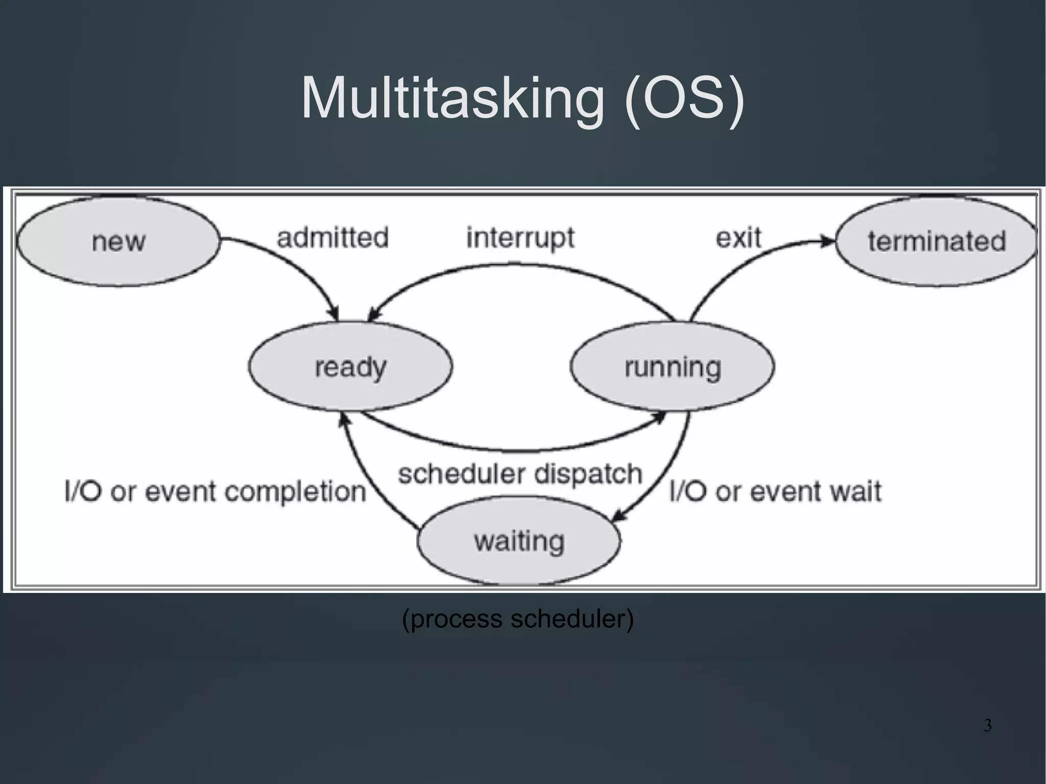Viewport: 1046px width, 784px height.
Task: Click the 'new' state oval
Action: click(x=118, y=241)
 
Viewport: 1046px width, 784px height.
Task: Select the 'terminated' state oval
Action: click(x=937, y=241)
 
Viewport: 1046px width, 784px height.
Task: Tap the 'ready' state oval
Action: click(x=350, y=366)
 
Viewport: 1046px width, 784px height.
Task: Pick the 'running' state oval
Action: click(x=672, y=366)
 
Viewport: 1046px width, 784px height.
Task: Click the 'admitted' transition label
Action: click(x=332, y=238)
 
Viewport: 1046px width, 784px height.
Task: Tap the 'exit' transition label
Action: click(x=738, y=238)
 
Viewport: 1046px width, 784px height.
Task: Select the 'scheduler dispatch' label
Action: click(x=520, y=473)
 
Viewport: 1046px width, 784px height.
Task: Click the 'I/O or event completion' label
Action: click(x=216, y=491)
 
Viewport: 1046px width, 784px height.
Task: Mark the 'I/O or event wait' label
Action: click(x=775, y=491)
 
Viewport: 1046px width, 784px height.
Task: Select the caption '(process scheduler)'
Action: click(x=518, y=619)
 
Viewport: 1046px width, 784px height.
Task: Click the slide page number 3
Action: click(x=987, y=725)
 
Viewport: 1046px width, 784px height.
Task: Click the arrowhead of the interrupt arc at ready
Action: click(x=374, y=315)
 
